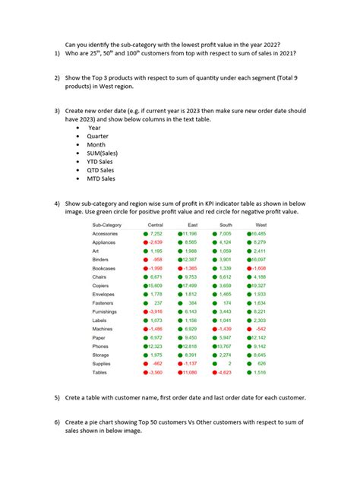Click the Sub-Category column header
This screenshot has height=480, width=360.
tap(106, 226)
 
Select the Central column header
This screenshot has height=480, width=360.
tap(155, 226)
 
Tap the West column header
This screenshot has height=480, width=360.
tap(261, 226)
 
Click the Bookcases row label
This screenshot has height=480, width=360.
tap(106, 268)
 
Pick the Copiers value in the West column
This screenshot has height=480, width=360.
tap(257, 285)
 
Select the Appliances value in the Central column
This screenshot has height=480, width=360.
tap(153, 242)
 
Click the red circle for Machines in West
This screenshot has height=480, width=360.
tap(248, 328)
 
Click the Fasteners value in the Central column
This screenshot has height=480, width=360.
tap(156, 302)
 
